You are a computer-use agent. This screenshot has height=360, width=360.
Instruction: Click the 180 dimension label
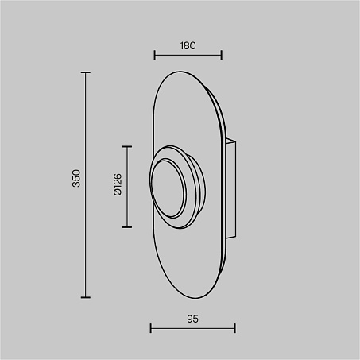pyautogui.click(x=188, y=46)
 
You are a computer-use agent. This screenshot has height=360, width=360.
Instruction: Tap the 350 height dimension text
pyautogui.click(x=76, y=178)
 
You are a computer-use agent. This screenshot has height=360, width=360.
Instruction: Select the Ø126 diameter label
pyautogui.click(x=118, y=184)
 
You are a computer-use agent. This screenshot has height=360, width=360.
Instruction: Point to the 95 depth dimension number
pyautogui.click(x=192, y=319)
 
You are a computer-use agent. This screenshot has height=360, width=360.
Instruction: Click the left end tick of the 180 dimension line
pyautogui.click(x=155, y=56)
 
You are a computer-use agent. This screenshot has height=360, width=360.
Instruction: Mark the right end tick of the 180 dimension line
pyautogui.click(x=222, y=56)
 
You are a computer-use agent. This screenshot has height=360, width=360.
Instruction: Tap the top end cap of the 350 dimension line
pyautogui.click(x=86, y=72)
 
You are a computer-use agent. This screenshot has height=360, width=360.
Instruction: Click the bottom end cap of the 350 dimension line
pyautogui.click(x=86, y=297)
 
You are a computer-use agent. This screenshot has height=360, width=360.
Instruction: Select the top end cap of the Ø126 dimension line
pyautogui.click(x=127, y=146)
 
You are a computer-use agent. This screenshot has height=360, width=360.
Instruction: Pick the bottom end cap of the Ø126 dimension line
pyautogui.click(x=127, y=227)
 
